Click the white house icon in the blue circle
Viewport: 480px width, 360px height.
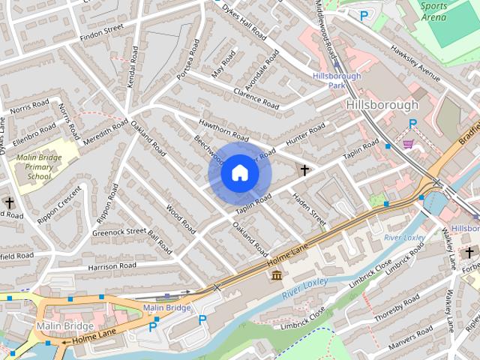[x=239, y=173]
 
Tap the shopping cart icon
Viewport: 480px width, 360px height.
[x=408, y=144]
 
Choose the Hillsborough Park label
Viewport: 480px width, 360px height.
[x=337, y=80]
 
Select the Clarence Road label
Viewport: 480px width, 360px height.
[x=256, y=100]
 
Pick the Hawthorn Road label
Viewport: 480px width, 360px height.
[x=223, y=130]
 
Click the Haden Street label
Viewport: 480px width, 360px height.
[x=308, y=207]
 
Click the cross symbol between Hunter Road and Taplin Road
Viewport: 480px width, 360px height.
[x=304, y=170]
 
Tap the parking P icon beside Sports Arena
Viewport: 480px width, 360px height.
[x=364, y=15]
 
